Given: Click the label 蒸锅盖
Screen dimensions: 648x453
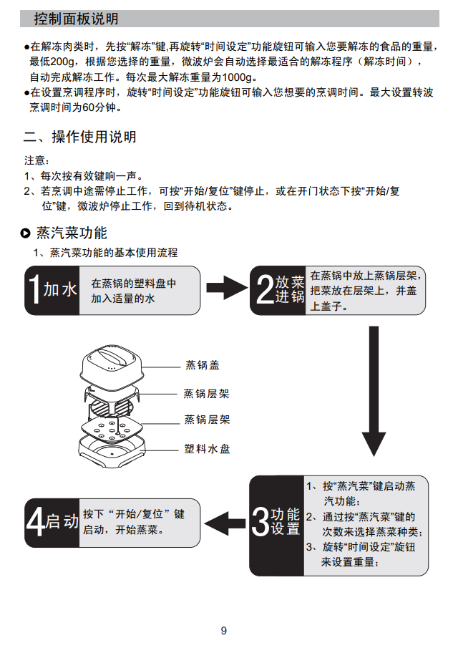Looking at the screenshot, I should click(202, 365).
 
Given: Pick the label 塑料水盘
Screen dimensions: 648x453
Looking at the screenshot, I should click(208, 449).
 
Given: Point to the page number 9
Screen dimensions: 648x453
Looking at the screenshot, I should click(224, 631).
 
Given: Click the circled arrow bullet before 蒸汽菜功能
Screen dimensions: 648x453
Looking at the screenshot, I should click(26, 233).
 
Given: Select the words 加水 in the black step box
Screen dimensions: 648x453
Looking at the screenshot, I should click(60, 290).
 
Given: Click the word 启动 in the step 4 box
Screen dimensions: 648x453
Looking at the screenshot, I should click(62, 522).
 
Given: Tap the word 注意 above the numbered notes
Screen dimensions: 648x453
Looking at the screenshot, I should click(36, 160).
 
